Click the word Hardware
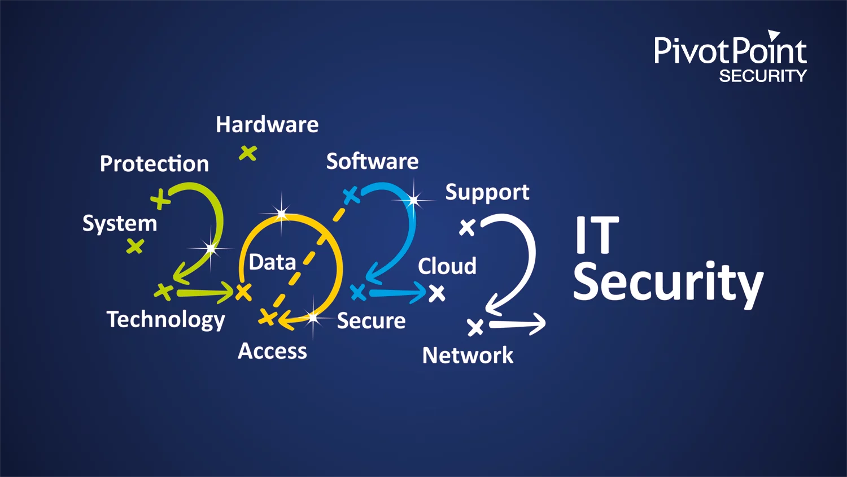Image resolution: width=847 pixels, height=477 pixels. click(267, 124)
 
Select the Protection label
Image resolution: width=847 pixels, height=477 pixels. click(154, 164)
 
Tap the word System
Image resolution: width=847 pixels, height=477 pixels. click(120, 224)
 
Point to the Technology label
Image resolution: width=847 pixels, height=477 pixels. click(165, 320)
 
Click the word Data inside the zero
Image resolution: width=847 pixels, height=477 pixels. click(272, 262)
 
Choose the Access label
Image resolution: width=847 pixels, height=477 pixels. click(272, 351)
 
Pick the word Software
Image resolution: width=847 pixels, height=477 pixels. click(372, 162)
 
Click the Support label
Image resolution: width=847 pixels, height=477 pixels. click(487, 193)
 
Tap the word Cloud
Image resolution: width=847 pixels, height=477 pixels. click(447, 266)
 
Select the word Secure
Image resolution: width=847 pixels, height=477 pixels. click(371, 321)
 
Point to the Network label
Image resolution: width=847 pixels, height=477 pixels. click(468, 355)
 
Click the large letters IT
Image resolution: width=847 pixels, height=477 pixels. click(596, 236)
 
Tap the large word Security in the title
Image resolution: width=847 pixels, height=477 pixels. click(668, 283)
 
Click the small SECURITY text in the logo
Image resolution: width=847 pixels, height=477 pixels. click(763, 76)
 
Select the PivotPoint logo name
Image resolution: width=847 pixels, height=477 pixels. click(730, 51)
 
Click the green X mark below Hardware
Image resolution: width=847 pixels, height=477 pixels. click(247, 153)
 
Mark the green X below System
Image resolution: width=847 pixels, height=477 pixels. click(135, 246)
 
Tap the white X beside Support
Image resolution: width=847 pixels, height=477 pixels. click(467, 227)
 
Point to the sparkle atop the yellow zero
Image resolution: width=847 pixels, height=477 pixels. click(281, 213)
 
